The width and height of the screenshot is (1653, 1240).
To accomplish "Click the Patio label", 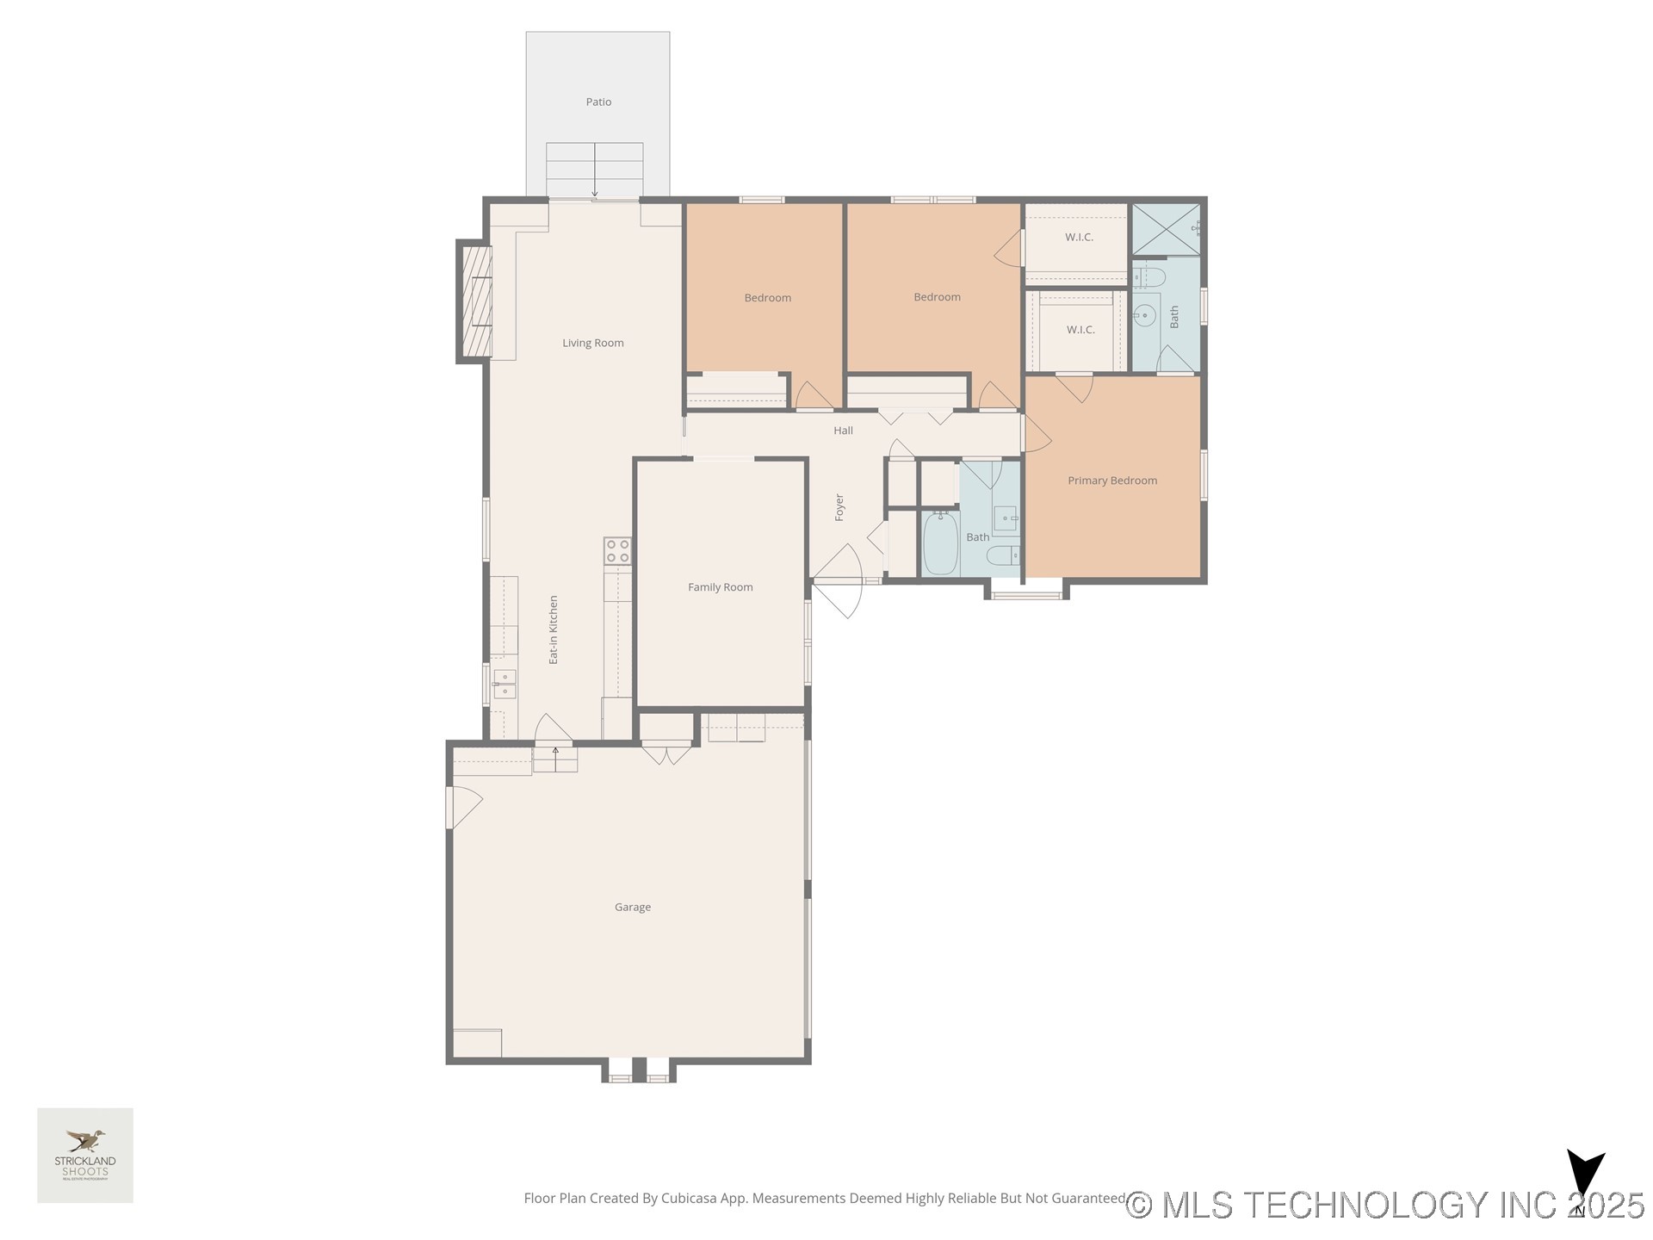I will (598, 102).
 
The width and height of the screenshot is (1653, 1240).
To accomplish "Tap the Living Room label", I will (592, 343).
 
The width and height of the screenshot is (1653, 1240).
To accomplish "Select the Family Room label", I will (720, 587).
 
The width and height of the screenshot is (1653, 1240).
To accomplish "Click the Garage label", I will (632, 907).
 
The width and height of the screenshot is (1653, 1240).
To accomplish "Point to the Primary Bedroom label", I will (1111, 480).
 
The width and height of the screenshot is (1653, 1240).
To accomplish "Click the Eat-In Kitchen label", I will (554, 629).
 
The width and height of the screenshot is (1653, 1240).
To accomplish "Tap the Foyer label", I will (839, 507).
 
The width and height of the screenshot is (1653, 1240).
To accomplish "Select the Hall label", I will (843, 431).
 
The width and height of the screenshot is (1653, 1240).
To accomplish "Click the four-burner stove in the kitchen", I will (617, 551).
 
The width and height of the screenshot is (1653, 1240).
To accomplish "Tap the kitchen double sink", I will (505, 684).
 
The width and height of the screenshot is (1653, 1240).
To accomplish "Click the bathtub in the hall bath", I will (941, 543).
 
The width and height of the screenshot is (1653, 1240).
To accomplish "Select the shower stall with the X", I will (1165, 229).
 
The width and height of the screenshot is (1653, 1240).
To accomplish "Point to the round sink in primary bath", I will (1145, 315).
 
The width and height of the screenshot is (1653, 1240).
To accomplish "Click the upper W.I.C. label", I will (1079, 237).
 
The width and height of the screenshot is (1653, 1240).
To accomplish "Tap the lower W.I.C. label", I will (1080, 330).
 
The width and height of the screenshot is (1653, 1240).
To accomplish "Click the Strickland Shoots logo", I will (85, 1155).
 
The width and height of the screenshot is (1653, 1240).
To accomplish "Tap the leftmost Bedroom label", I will (767, 298).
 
